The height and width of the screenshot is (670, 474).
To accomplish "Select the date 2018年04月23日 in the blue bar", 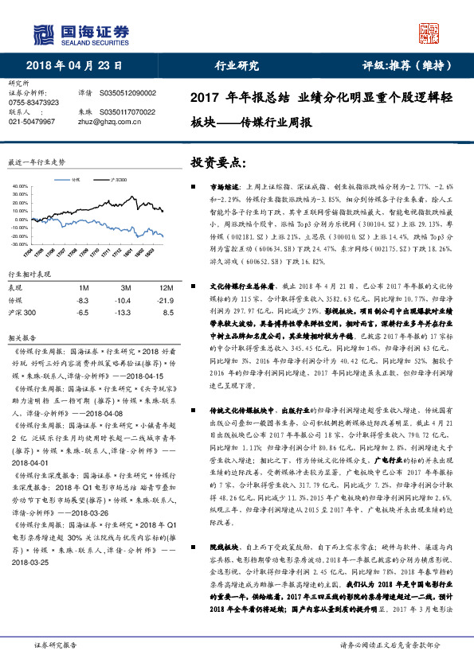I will point(77,66).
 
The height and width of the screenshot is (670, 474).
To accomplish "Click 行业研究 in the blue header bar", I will point(237,66).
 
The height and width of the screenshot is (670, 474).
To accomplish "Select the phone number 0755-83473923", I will point(33,103).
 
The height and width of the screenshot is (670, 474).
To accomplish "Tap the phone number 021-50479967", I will point(31,122).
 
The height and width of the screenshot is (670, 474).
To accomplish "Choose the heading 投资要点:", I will point(217,162).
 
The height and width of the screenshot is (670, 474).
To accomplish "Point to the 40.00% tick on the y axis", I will point(19,185).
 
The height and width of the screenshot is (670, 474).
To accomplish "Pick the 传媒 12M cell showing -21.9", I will point(166,300).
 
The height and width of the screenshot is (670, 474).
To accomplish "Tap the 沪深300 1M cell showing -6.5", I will point(82,313).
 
